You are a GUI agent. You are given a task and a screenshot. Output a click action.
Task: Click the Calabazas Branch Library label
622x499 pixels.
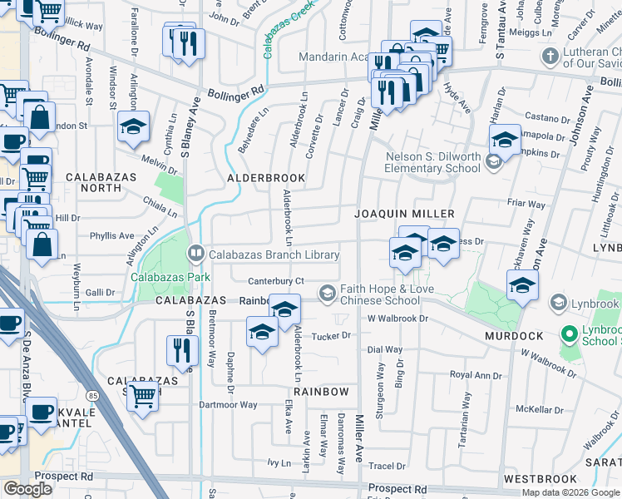[274, 254]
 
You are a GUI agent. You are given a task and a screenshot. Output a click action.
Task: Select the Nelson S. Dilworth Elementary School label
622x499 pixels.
[432, 162]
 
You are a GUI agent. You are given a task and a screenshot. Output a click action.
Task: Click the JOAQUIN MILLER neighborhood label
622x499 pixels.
[396, 214]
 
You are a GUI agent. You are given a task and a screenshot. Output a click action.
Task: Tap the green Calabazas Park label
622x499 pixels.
[170, 277]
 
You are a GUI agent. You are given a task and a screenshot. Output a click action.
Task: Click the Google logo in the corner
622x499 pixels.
[27, 488]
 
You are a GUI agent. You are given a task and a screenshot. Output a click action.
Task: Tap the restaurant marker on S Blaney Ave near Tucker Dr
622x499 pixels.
[180, 351]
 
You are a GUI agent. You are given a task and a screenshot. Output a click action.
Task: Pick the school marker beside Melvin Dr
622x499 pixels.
[133, 127]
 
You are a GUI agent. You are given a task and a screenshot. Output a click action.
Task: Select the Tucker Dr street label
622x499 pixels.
[333, 336]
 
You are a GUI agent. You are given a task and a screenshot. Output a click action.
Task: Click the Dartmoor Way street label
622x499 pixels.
[227, 405]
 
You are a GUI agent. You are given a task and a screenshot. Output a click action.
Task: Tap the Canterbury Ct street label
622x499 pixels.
[276, 280]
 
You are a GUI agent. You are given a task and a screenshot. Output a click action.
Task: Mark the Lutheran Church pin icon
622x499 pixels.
[549, 57]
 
